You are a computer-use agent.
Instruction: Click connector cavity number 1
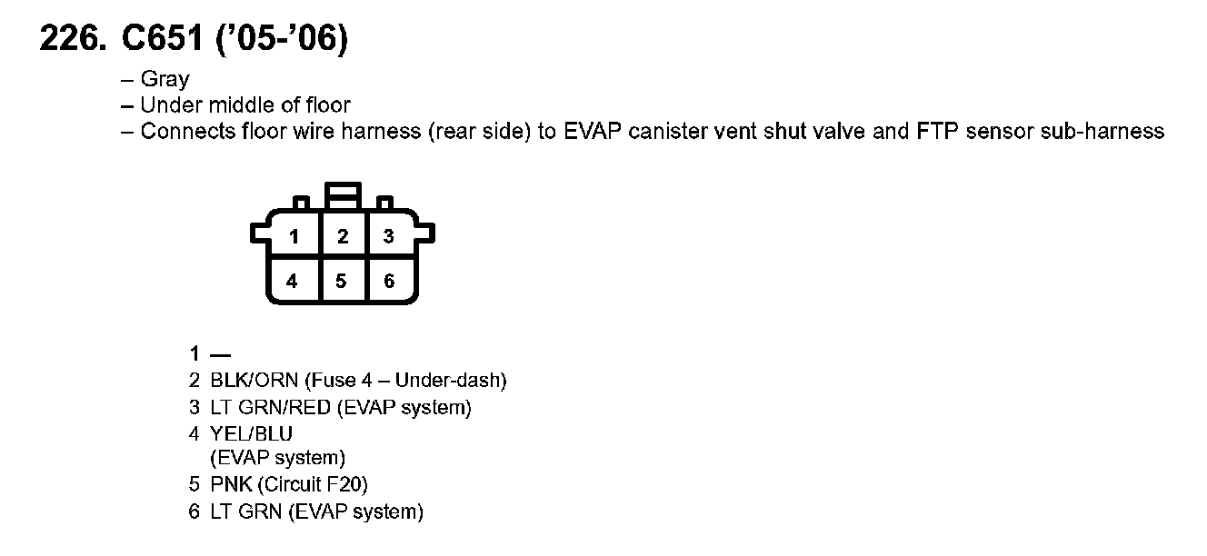[294, 237]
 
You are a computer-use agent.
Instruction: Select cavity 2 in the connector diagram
[342, 237]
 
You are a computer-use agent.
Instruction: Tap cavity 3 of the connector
[389, 237]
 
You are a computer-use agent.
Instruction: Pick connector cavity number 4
[292, 281]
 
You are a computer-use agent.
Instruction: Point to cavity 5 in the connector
[341, 281]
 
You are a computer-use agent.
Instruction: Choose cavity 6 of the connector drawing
[389, 281]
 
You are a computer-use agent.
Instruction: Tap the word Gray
[165, 80]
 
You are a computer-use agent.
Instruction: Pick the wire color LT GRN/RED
[270, 408]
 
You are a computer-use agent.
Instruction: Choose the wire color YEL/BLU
[252, 434]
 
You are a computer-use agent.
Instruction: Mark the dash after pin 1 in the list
[220, 354]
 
